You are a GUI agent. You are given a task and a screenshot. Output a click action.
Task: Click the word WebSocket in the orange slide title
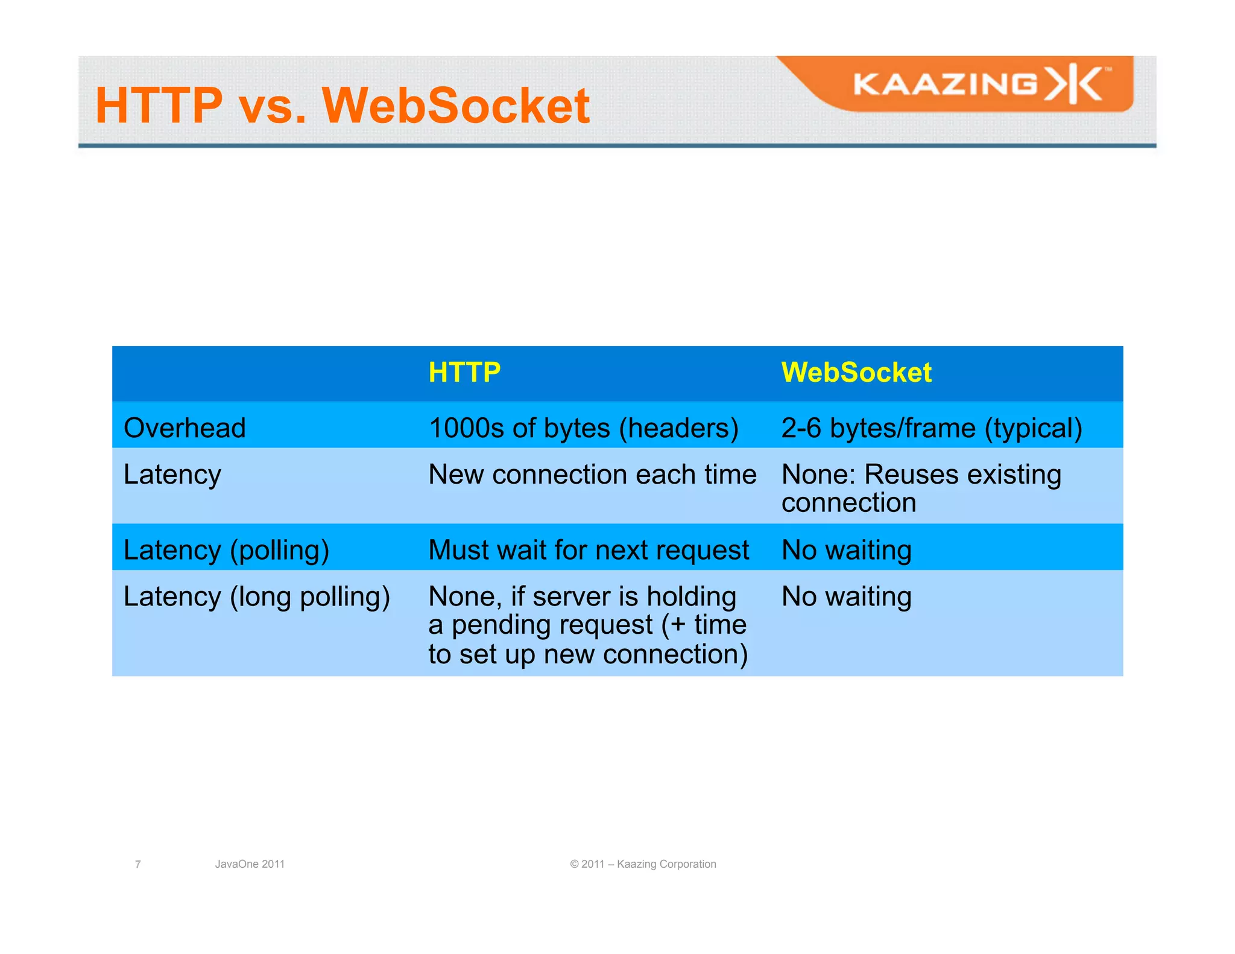456,106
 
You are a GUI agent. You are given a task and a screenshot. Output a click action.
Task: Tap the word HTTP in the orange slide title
159,106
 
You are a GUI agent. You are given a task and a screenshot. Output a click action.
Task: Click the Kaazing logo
980,84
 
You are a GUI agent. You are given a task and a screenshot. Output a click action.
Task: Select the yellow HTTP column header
464,372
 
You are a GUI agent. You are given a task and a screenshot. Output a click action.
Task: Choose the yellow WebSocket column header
856,372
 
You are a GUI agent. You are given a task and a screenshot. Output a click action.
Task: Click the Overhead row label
185,428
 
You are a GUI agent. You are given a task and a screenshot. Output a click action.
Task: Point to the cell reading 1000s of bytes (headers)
583,428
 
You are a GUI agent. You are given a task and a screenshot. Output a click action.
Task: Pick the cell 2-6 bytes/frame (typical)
932,428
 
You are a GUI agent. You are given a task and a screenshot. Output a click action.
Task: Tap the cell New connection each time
592,474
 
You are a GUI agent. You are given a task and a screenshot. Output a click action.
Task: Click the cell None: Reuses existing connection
921,488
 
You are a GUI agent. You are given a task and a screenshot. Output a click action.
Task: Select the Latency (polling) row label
226,550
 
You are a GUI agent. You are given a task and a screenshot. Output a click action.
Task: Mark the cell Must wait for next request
589,550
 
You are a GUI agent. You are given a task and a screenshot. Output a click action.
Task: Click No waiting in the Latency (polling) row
847,550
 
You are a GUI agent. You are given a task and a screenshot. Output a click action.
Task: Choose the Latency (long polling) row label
256,596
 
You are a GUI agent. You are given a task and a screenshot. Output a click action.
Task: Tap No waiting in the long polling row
847,596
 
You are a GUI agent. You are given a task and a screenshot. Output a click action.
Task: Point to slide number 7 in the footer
138,864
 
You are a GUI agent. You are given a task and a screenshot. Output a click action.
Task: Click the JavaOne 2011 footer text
250,864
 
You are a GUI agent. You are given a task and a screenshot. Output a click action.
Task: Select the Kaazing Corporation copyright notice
643,864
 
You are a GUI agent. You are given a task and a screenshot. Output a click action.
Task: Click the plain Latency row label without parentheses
172,474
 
